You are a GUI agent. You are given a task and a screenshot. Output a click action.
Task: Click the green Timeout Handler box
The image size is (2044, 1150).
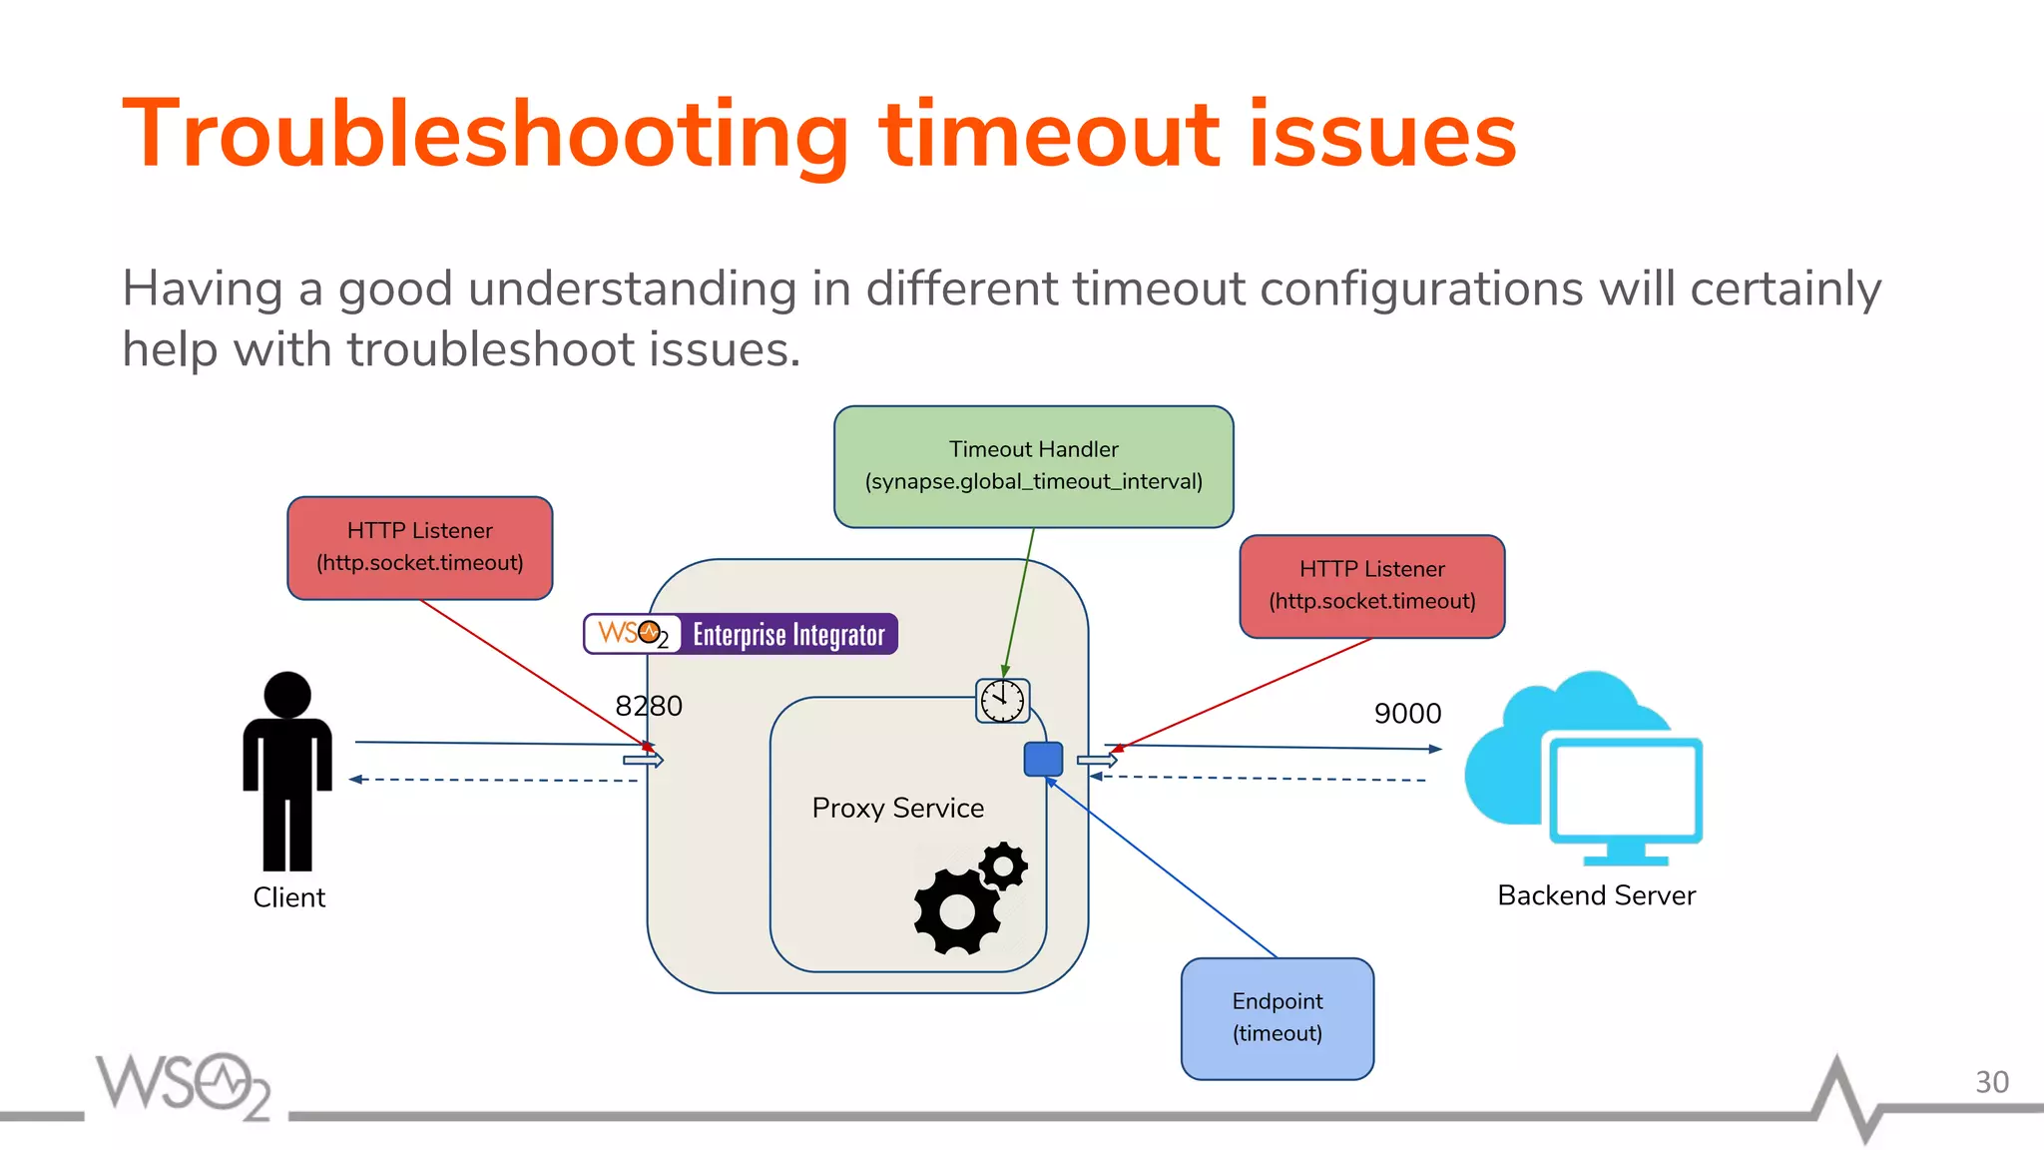pyautogui.click(x=1033, y=466)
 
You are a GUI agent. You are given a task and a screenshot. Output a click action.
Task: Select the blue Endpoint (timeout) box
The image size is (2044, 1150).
pyautogui.click(x=1277, y=1018)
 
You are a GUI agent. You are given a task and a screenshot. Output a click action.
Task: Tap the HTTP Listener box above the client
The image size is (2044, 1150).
pyautogui.click(x=419, y=547)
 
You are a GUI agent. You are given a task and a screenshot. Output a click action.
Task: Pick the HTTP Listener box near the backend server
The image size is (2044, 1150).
pyautogui.click(x=1371, y=586)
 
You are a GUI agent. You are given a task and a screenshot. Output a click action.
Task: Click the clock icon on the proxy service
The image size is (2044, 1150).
pyautogui.click(x=1002, y=701)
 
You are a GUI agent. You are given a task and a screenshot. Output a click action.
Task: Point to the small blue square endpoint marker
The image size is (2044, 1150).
pyautogui.click(x=1043, y=759)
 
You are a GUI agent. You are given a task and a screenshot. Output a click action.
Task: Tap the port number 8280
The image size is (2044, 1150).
pyautogui.click(x=649, y=706)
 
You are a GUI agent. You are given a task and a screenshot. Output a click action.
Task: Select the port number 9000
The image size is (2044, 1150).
pyautogui.click(x=1407, y=713)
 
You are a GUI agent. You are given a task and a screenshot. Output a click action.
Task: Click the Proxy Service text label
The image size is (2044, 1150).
pyautogui.click(x=897, y=808)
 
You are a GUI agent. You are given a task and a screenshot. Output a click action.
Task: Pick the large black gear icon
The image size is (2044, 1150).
pyautogui.click(x=956, y=910)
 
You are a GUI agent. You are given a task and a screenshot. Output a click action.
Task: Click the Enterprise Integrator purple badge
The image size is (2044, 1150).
pyautogui.click(x=788, y=635)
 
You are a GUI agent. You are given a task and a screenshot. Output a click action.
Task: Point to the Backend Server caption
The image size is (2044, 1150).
pyautogui.click(x=1595, y=895)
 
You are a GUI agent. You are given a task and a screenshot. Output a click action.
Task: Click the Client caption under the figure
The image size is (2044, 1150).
pyautogui.click(x=288, y=897)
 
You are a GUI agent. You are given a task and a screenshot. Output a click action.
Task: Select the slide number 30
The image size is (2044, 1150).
pyautogui.click(x=1991, y=1082)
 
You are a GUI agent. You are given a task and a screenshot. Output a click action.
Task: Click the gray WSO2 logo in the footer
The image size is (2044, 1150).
pyautogui.click(x=183, y=1085)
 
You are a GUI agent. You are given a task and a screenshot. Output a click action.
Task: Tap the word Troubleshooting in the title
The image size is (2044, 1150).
pyautogui.click(x=485, y=135)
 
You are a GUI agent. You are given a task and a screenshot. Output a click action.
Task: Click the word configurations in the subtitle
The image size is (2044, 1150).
pyautogui.click(x=1420, y=289)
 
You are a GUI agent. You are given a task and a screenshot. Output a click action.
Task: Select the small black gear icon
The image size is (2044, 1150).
pyautogui.click(x=1003, y=865)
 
